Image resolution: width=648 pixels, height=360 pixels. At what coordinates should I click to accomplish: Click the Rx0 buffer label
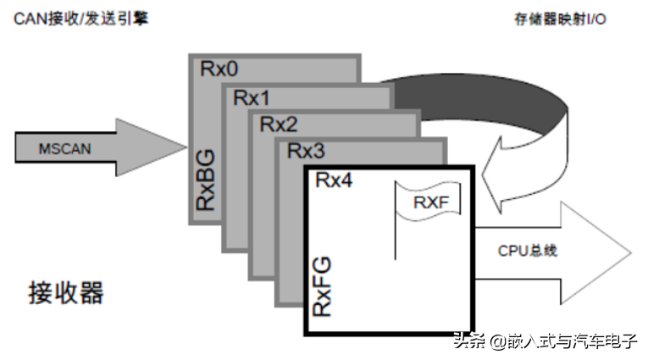point(219,69)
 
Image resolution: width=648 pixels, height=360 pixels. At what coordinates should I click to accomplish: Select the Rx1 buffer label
point(252,98)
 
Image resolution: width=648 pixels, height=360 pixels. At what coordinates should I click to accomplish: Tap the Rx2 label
point(279,125)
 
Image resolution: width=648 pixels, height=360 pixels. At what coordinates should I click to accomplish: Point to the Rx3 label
point(306,151)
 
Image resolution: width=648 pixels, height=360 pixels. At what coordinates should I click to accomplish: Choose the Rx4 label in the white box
point(334,180)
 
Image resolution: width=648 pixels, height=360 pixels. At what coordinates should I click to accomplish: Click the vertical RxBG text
point(205,180)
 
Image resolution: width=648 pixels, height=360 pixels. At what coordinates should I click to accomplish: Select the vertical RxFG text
point(322,286)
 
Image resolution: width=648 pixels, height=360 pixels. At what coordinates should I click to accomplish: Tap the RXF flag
point(428,202)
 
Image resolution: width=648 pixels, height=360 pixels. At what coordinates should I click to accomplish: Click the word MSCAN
point(65,149)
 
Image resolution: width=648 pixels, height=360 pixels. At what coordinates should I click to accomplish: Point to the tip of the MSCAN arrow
point(186,147)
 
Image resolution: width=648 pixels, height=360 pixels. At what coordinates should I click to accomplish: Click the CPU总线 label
point(528,251)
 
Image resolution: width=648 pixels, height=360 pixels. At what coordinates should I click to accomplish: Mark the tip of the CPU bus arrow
point(631,252)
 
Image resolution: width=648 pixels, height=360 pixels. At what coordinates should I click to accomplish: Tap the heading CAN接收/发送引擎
point(81,19)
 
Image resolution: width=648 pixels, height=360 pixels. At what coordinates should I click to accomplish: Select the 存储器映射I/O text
point(560,19)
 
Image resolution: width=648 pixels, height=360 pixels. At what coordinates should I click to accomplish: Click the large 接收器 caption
point(66,292)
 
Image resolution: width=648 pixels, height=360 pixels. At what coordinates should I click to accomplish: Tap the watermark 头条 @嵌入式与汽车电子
point(546,341)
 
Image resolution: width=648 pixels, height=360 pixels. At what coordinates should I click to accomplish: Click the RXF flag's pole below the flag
point(396,240)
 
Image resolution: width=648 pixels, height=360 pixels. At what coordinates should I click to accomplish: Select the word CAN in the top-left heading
point(30,19)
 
